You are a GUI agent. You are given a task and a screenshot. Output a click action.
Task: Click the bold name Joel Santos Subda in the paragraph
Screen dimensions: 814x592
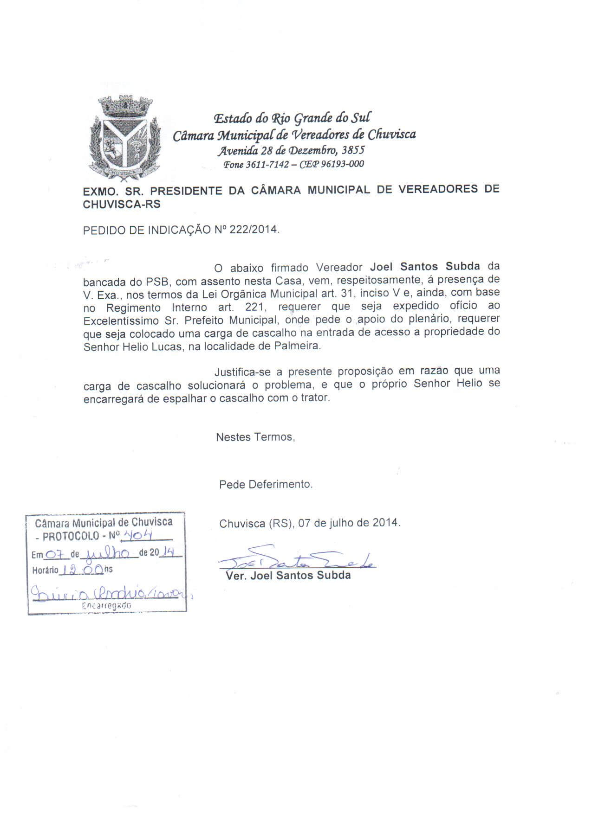tap(425, 267)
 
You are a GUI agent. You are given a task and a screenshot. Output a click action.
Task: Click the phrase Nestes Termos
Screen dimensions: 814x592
tap(255, 437)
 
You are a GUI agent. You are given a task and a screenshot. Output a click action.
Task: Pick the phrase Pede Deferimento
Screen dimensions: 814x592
tap(266, 484)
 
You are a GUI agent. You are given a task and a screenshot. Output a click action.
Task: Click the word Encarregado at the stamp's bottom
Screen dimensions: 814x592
tap(106, 605)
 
